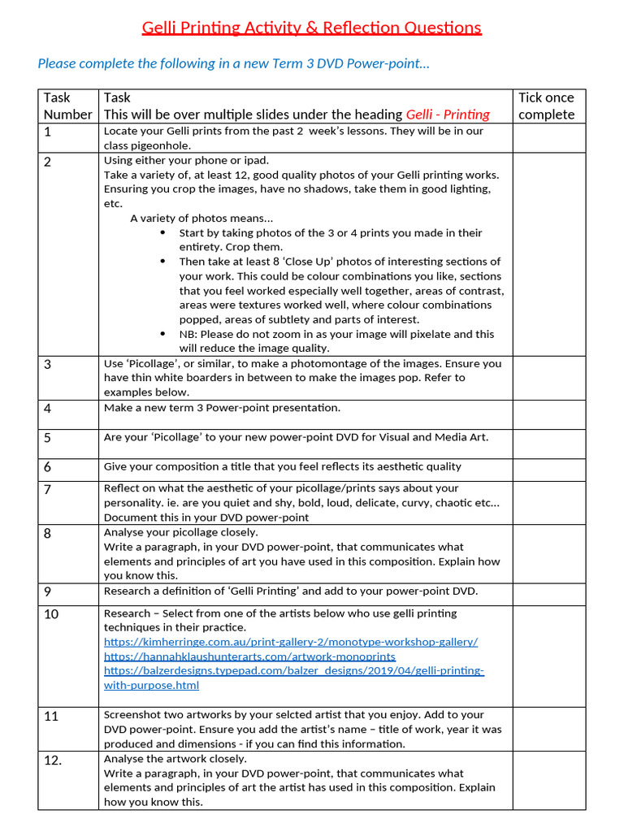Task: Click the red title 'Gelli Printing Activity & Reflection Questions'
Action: [311, 28]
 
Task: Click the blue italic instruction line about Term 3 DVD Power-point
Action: [234, 63]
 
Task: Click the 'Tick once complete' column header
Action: [547, 106]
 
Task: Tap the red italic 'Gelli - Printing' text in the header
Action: [448, 115]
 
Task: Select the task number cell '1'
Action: [48, 132]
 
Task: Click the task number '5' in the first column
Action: [48, 438]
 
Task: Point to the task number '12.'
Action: [52, 760]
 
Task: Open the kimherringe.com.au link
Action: [290, 642]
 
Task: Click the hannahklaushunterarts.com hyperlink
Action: [249, 656]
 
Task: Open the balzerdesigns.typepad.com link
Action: [293, 671]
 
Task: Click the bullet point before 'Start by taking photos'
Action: [163, 233]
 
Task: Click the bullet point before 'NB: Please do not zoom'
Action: [163, 335]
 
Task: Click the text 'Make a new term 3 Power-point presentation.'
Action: [222, 408]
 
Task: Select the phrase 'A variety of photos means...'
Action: [201, 218]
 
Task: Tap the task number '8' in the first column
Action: [48, 534]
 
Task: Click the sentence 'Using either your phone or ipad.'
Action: [186, 160]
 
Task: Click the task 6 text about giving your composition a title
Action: [282, 466]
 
